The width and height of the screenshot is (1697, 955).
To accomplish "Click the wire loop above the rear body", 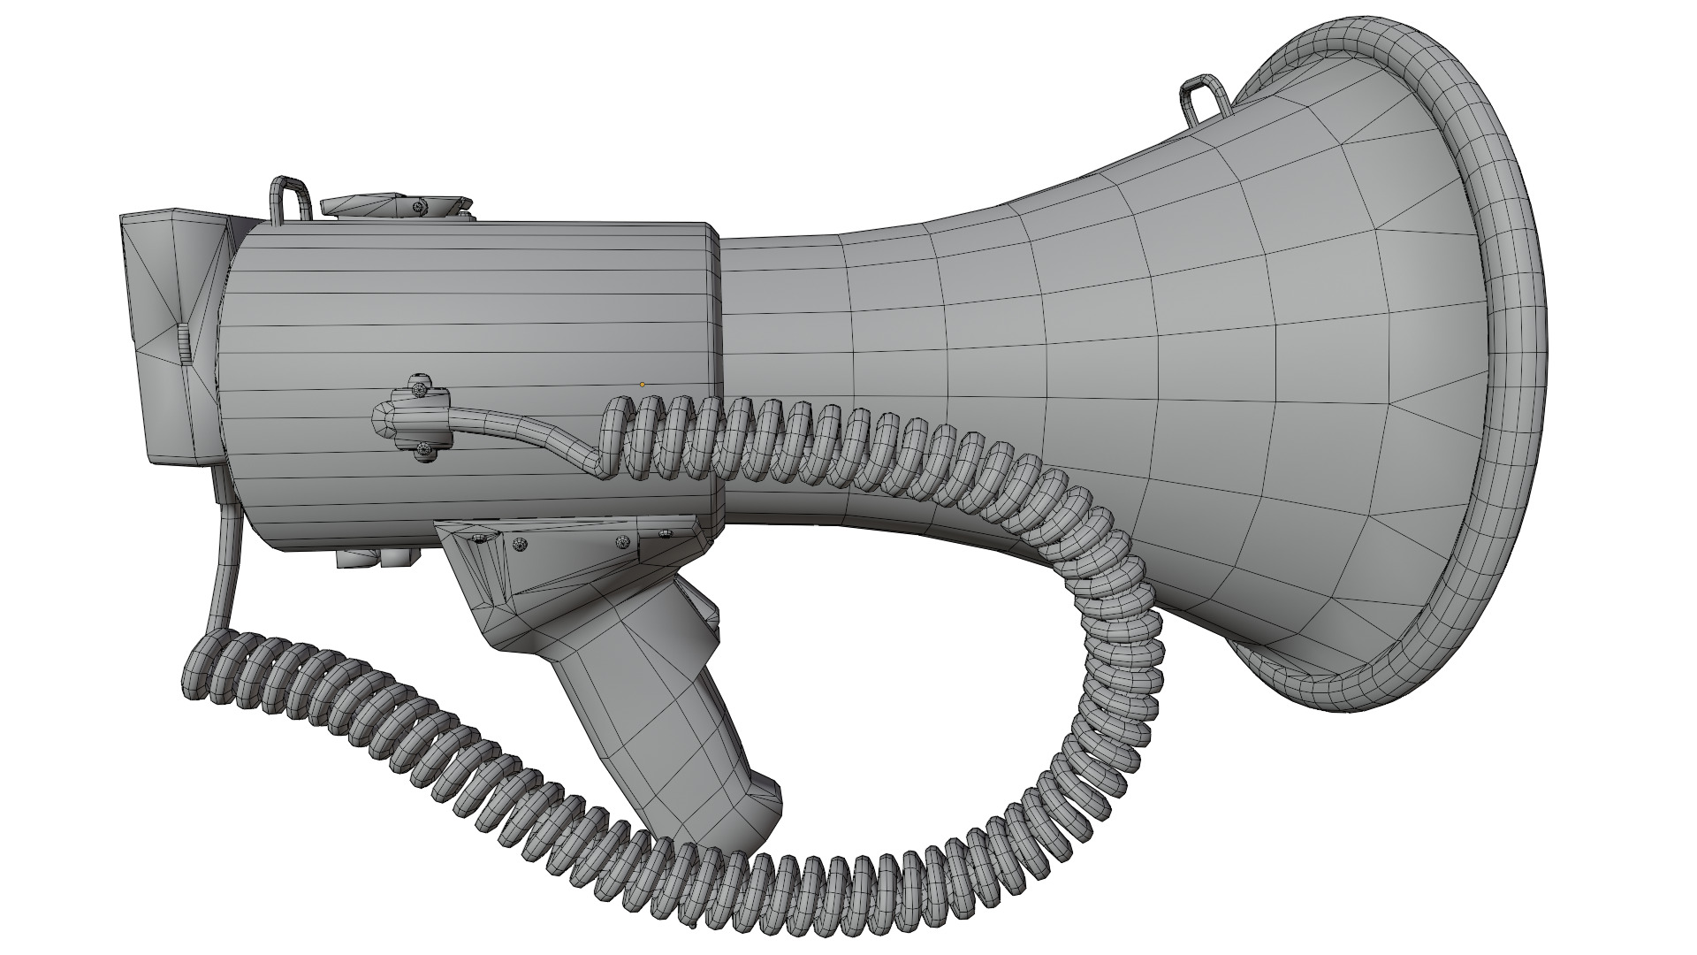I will pos(289,198).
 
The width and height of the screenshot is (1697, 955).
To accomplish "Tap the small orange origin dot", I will pos(643,385).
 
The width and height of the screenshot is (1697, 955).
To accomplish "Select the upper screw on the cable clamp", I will pos(422,386).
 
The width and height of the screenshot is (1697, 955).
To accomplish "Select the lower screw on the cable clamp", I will pos(423,452).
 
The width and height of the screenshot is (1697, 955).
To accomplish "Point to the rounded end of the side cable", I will pos(383,417).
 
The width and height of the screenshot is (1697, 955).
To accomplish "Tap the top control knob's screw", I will pos(417,206).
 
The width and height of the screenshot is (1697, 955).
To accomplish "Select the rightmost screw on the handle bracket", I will pos(665,532).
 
